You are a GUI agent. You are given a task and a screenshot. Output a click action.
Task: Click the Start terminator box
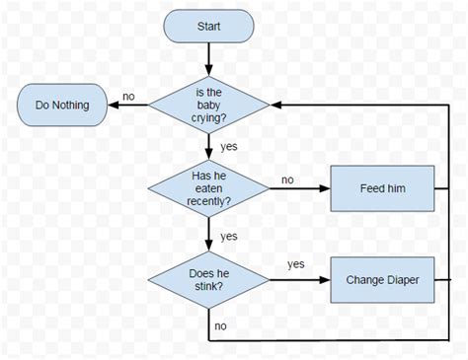[208, 27]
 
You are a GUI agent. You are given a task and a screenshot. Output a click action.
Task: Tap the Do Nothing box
[61, 105]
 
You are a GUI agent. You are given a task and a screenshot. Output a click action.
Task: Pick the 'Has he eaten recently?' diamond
[208, 187]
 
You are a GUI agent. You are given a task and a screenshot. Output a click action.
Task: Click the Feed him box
[381, 187]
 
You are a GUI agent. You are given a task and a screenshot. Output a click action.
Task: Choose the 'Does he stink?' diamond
[208, 279]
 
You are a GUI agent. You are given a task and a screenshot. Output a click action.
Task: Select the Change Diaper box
[381, 280]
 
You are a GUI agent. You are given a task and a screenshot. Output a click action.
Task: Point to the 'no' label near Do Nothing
[128, 96]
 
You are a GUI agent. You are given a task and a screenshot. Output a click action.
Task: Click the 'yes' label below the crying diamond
[229, 146]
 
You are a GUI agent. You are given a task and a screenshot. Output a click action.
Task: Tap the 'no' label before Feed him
[287, 180]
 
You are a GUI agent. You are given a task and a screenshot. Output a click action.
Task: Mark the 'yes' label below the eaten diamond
[229, 236]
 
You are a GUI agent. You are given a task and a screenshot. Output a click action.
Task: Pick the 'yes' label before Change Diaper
[295, 264]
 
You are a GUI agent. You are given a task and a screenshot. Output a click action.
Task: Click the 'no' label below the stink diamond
[221, 324]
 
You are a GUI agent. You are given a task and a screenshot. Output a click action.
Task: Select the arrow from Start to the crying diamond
[208, 58]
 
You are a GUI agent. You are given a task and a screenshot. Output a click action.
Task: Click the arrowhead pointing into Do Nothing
[111, 106]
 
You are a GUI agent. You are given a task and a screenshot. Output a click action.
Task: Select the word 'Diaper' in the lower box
[402, 280]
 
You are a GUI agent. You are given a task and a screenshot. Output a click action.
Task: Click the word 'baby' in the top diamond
[208, 106]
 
